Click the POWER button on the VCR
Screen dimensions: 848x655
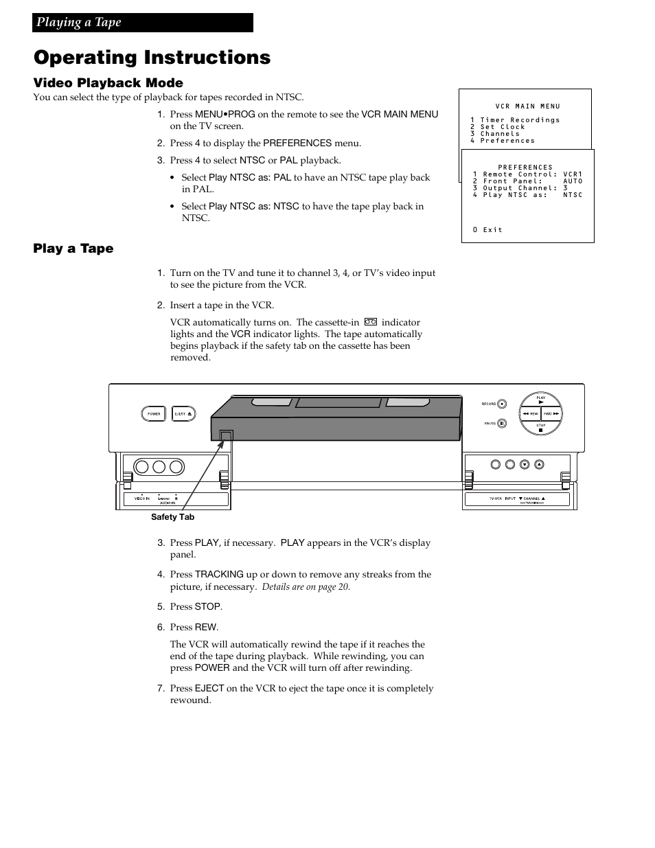point(153,413)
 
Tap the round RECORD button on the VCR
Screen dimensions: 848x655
point(502,404)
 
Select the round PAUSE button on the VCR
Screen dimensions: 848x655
point(502,423)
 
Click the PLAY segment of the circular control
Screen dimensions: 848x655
point(541,400)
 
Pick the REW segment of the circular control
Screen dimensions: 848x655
point(529,413)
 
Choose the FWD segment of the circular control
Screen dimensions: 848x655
point(551,413)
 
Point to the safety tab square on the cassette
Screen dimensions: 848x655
point(226,435)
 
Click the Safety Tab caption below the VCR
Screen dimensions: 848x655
point(172,517)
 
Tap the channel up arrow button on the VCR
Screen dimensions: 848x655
point(539,464)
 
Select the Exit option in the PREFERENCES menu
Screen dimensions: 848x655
point(488,230)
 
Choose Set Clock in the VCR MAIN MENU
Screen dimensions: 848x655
point(503,127)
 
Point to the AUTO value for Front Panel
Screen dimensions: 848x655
point(573,181)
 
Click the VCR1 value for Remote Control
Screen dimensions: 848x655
point(573,174)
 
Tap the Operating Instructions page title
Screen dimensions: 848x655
point(152,58)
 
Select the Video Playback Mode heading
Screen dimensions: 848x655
point(108,83)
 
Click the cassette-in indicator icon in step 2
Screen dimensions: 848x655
point(371,322)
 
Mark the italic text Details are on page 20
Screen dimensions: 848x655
point(306,587)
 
